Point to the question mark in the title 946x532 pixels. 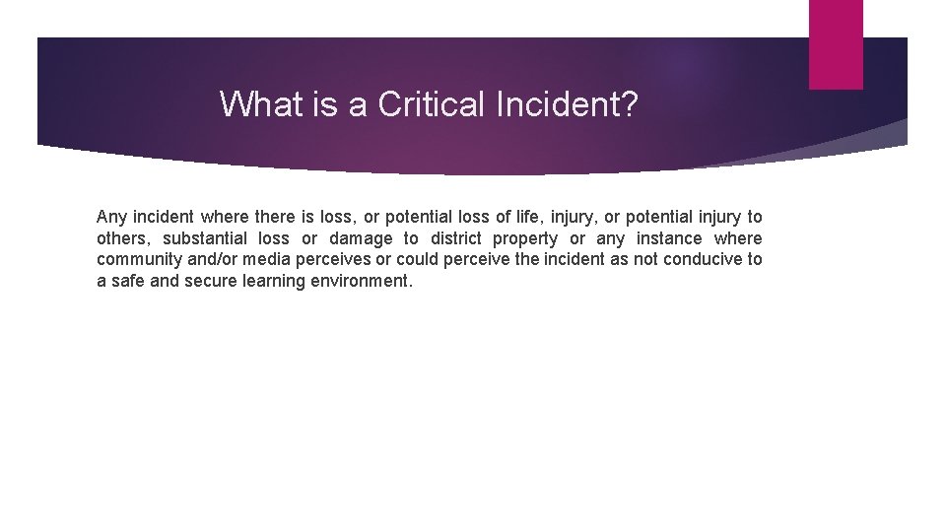pos(630,103)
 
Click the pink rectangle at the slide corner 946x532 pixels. pos(836,44)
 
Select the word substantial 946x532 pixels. pos(204,238)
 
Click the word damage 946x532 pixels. pos(361,238)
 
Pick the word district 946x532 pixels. pos(456,238)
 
